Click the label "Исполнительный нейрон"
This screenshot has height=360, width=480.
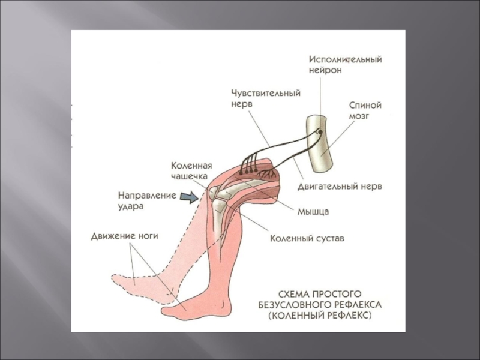pyautogui.click(x=345, y=65)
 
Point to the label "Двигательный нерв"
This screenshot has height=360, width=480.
pyautogui.click(x=340, y=187)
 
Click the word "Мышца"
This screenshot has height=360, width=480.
pyautogui.click(x=313, y=211)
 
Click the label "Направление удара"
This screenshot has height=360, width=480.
pyautogui.click(x=146, y=200)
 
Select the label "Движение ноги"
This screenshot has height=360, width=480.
pyautogui.click(x=124, y=236)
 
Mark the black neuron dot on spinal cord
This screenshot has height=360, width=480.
pyautogui.click(x=320, y=131)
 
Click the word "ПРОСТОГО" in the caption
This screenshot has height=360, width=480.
pyautogui.click(x=334, y=294)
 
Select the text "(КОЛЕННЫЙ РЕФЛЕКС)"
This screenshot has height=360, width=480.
pyautogui.click(x=320, y=314)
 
